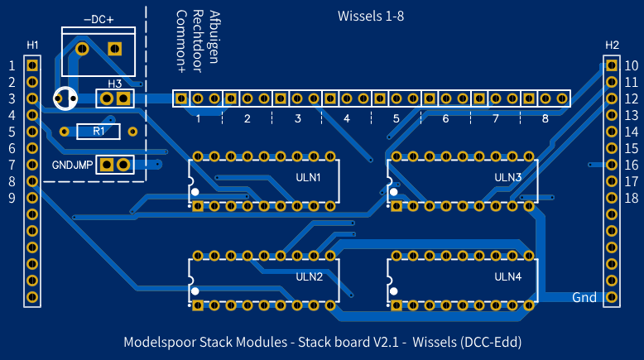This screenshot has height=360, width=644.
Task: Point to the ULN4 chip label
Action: [507, 276]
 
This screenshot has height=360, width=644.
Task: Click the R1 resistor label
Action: [99, 131]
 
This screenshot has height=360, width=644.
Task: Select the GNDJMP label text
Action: [73, 165]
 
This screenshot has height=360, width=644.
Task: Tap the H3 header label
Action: [114, 84]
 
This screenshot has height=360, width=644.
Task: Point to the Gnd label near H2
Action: [584, 297]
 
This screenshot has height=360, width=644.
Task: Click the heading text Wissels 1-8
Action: [371, 16]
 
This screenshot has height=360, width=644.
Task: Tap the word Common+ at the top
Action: [181, 36]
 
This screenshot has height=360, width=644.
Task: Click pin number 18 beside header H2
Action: [631, 198]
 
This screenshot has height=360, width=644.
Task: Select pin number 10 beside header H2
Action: [631, 65]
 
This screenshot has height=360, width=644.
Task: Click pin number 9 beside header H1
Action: [12, 198]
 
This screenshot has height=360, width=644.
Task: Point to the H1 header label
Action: [32, 44]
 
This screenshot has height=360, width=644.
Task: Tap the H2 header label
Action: [612, 44]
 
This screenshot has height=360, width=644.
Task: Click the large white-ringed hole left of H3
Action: [65, 98]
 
